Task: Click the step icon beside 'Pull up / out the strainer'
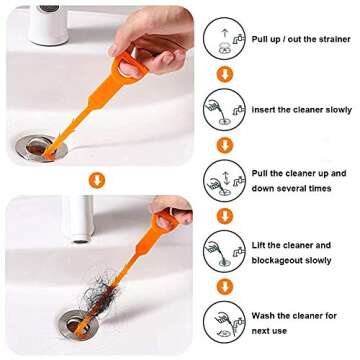click(x=224, y=38)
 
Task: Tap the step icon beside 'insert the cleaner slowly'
click(x=224, y=108)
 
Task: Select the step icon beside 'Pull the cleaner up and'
click(x=224, y=180)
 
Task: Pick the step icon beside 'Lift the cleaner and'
click(x=224, y=251)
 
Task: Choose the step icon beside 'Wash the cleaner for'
click(x=224, y=322)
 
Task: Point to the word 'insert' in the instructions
click(x=263, y=109)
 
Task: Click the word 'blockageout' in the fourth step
click(x=276, y=259)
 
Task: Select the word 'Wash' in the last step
click(x=263, y=316)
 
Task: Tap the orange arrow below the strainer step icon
click(x=224, y=74)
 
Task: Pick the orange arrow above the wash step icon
click(x=224, y=288)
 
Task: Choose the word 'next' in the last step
click(x=262, y=329)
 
